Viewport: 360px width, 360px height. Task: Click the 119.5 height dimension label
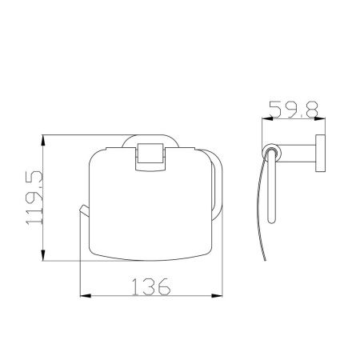(34, 198)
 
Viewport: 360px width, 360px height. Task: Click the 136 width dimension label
(151, 286)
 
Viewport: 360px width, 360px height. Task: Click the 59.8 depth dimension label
(294, 109)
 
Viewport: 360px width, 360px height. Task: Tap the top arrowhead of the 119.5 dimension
(43, 140)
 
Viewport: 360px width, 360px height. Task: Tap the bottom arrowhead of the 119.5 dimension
(43, 255)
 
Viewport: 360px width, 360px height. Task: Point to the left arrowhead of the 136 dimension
(86, 296)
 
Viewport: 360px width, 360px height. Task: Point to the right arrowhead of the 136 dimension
(217, 296)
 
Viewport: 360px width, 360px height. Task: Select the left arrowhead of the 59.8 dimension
(267, 118)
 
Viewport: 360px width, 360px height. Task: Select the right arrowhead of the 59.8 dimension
(320, 118)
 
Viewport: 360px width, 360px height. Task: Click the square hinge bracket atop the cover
(150, 157)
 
